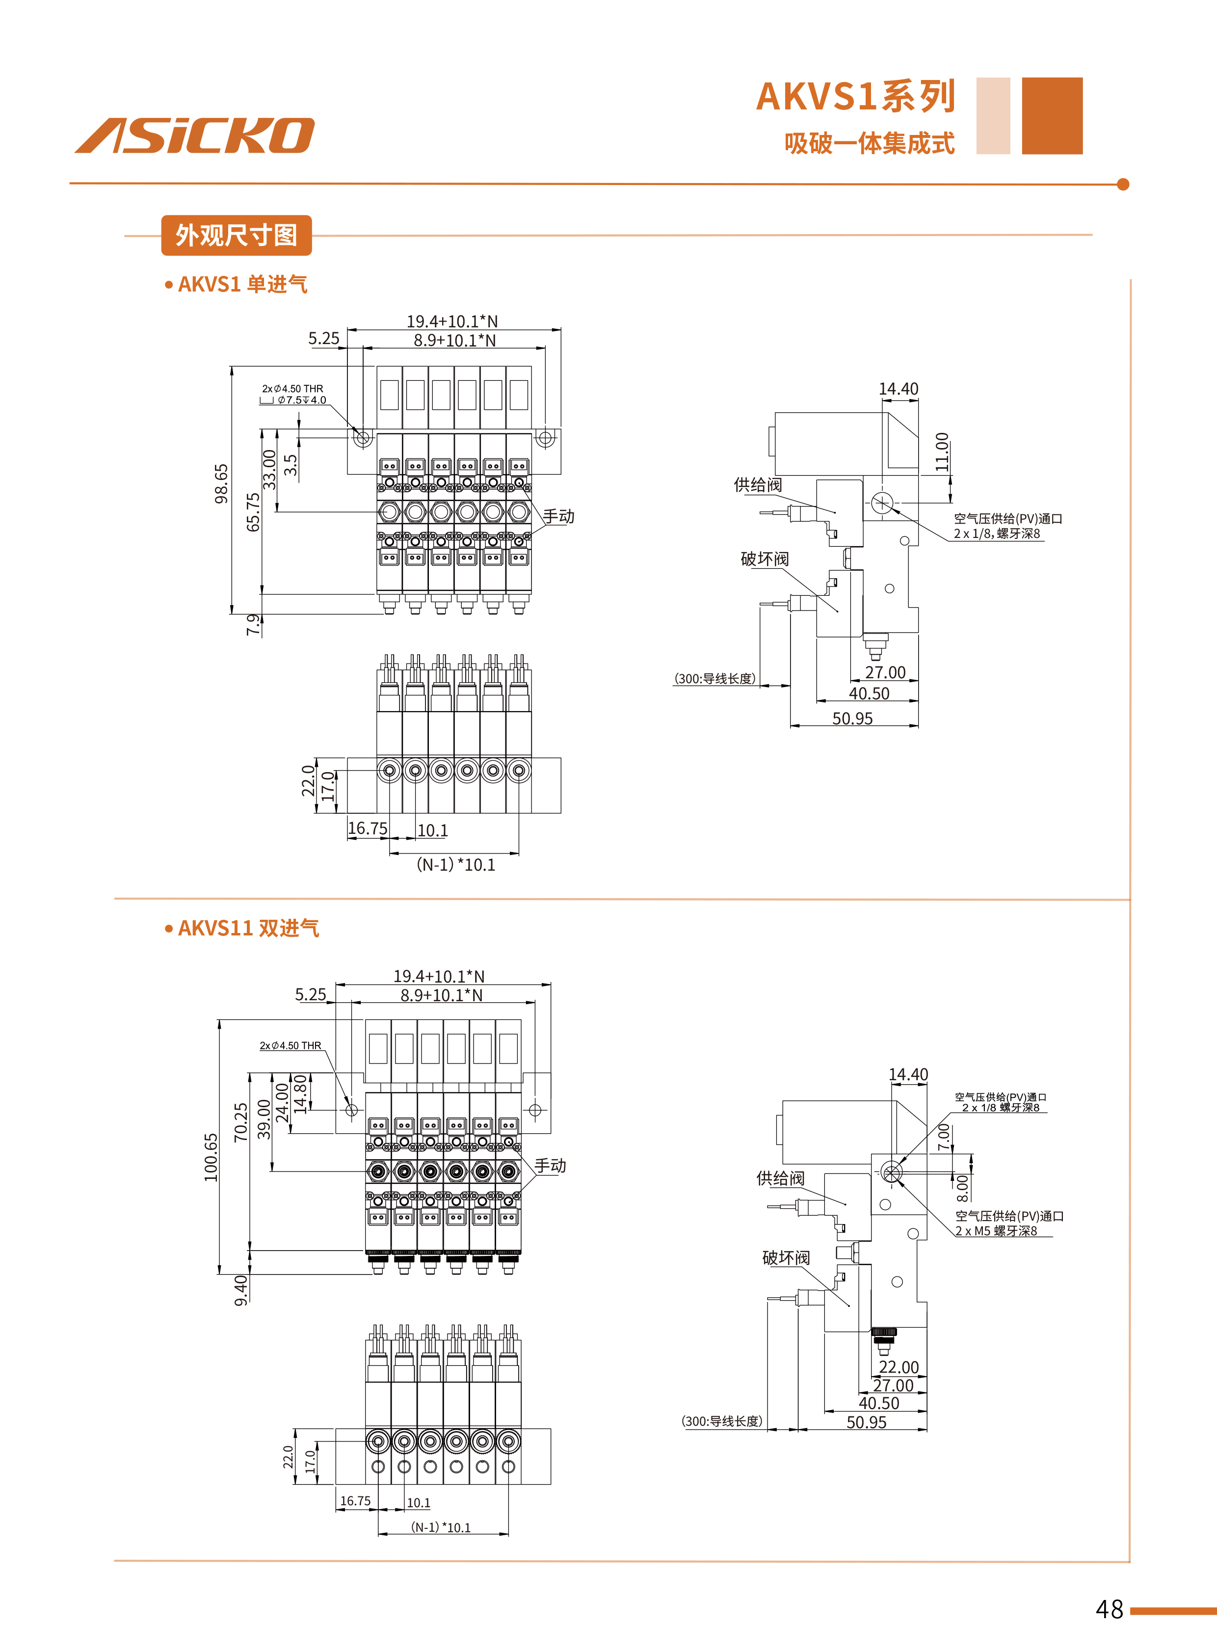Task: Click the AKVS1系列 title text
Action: (855, 97)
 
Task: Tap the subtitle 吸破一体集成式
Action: (869, 143)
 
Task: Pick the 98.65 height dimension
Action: (221, 483)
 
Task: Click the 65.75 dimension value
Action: (253, 511)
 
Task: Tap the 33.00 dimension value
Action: (269, 469)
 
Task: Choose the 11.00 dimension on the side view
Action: (942, 452)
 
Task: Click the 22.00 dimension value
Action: (899, 1367)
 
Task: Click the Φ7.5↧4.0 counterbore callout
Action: (301, 400)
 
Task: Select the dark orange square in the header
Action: (1052, 116)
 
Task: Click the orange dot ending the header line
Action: (1123, 184)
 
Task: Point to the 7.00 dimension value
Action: (944, 1137)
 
